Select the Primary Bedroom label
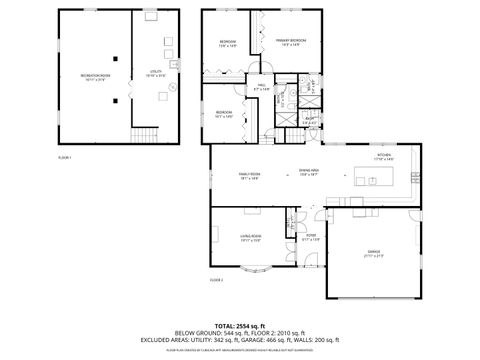coord(290,43)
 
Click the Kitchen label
coord(383,157)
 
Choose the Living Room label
coord(250,238)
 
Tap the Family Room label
coord(249,176)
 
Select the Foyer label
coord(312,238)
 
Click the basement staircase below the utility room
coord(147,136)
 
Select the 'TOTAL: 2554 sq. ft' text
coord(240,325)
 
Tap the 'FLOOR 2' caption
coord(215,280)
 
